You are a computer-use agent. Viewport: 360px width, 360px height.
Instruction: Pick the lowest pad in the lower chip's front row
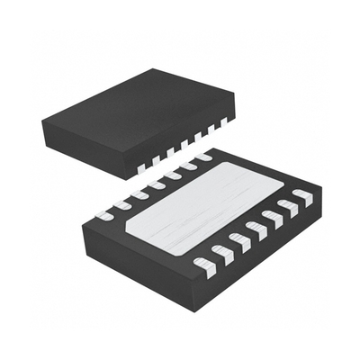[204, 264]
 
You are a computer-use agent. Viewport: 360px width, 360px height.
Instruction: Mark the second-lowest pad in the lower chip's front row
[221, 252]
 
